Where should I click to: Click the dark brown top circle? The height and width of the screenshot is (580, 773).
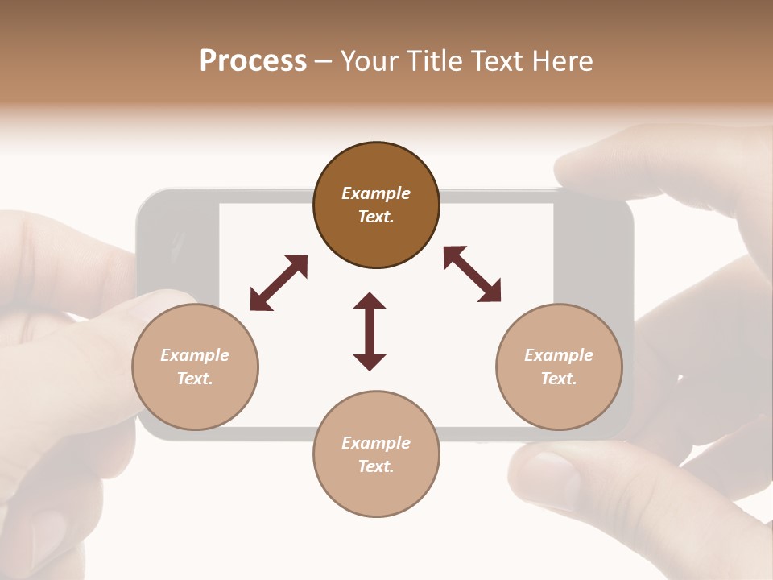pyautogui.click(x=376, y=205)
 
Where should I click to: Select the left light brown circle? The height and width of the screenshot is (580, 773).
pyautogui.click(x=195, y=367)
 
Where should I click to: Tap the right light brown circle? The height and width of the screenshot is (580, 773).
pyautogui.click(x=559, y=367)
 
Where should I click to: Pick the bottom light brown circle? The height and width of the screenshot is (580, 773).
pyautogui.click(x=376, y=454)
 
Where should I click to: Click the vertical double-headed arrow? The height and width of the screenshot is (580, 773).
pyautogui.click(x=370, y=331)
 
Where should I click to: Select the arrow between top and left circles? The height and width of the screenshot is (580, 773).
pyautogui.click(x=279, y=283)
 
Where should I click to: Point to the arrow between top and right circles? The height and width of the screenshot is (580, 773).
pyautogui.click(x=472, y=274)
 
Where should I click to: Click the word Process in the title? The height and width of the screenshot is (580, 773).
pyautogui.click(x=253, y=61)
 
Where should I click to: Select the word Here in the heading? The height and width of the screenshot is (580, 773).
pyautogui.click(x=564, y=61)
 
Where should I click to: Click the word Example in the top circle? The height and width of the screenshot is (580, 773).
pyautogui.click(x=376, y=193)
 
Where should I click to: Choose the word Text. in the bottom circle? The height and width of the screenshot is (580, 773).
pyautogui.click(x=376, y=466)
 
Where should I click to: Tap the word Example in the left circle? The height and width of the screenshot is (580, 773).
pyautogui.click(x=195, y=355)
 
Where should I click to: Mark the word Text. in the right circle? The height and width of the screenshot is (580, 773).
pyautogui.click(x=559, y=379)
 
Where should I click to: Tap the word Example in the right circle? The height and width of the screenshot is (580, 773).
pyautogui.click(x=559, y=355)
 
